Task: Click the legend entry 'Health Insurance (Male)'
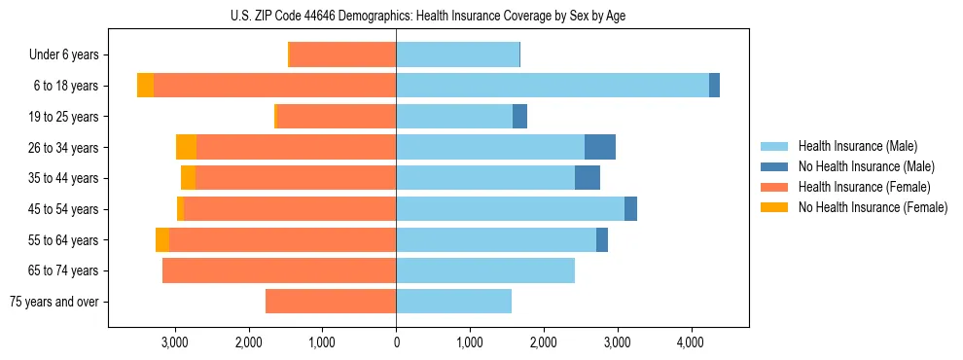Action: (x=857, y=146)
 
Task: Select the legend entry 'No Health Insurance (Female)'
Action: (x=873, y=207)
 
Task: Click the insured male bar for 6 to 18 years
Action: (x=553, y=86)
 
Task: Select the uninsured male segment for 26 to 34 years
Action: (x=600, y=147)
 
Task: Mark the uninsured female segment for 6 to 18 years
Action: (x=145, y=86)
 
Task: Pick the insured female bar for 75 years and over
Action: (x=331, y=302)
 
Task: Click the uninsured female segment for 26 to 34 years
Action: (x=186, y=147)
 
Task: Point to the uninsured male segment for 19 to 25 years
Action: (x=519, y=117)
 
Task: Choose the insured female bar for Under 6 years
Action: (x=343, y=55)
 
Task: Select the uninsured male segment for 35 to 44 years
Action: (x=588, y=178)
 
